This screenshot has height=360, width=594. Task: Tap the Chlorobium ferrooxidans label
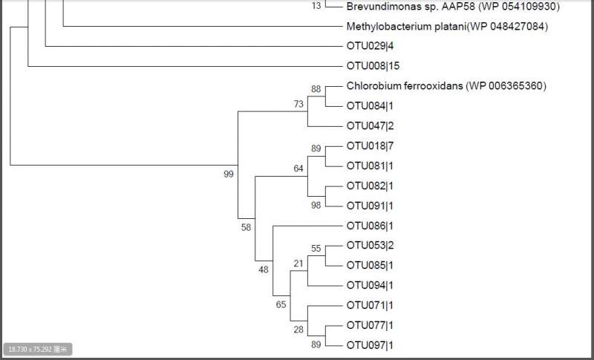pyautogui.click(x=446, y=86)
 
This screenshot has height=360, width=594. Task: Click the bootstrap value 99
pyautogui.click(x=229, y=174)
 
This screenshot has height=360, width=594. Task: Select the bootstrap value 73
pyautogui.click(x=298, y=105)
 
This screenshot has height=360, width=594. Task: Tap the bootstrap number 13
pyautogui.click(x=317, y=6)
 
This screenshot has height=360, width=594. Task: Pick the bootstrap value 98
pyautogui.click(x=316, y=205)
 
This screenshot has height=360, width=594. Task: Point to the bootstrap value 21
pyautogui.click(x=298, y=264)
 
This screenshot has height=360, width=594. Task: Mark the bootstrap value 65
pyautogui.click(x=281, y=304)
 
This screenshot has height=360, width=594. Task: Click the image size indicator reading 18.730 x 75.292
pyautogui.click(x=37, y=349)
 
